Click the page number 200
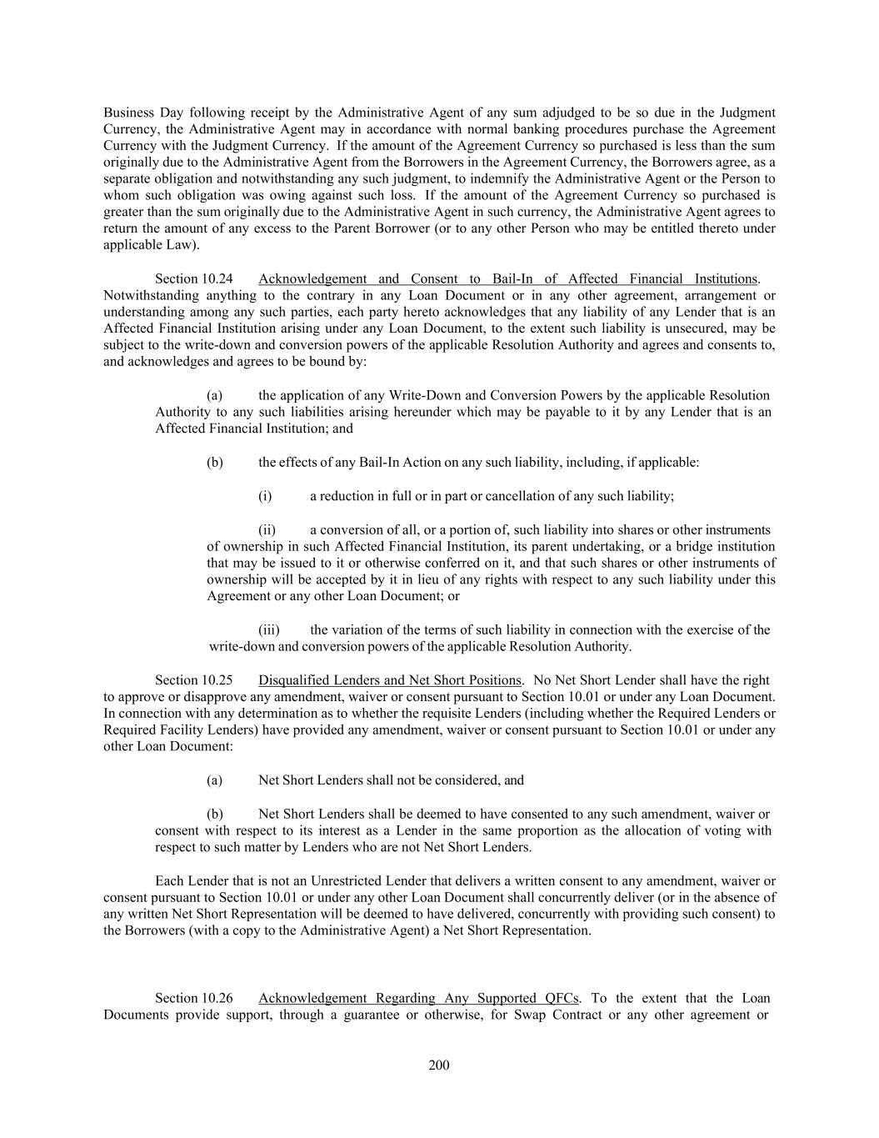tap(439, 1065)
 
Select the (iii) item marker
tap(268, 630)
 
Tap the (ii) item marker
tap(267, 530)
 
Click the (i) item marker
tap(265, 496)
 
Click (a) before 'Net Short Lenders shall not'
tap(214, 780)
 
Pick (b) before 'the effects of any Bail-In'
tap(214, 462)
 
